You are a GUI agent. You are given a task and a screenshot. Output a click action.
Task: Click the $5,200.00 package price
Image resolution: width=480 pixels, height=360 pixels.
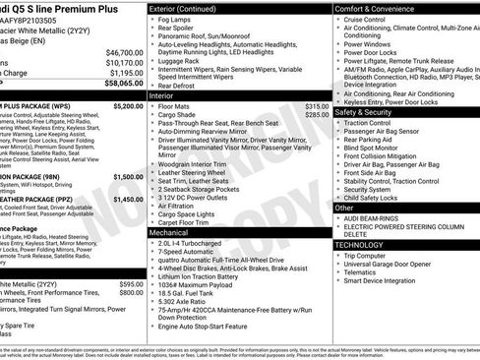pos(129,104)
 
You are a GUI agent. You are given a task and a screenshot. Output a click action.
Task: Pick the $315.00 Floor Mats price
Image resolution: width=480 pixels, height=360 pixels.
pos(316,105)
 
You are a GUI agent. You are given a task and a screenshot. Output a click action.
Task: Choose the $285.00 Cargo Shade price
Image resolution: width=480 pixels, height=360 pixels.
pos(316,114)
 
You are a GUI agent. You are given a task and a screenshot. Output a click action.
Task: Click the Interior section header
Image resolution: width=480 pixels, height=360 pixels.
pos(162,96)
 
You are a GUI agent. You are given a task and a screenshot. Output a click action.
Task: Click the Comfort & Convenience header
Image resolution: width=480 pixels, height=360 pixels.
pos(378,8)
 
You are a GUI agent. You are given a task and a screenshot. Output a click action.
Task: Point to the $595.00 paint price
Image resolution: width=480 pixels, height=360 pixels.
pos(130,283)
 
